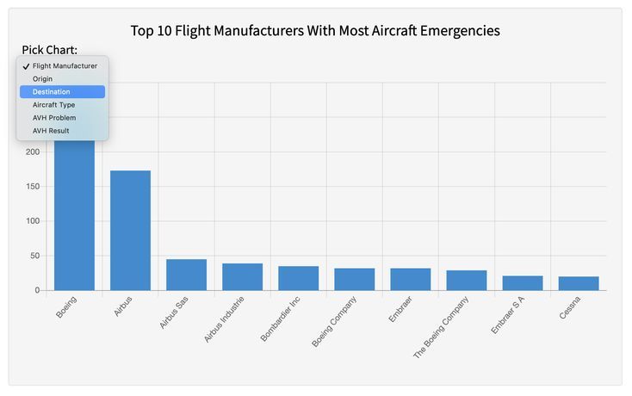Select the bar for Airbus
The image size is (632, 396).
tap(130, 231)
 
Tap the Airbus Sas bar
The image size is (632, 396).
tap(186, 275)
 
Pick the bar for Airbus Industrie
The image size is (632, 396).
tap(242, 277)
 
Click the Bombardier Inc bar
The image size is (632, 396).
tap(298, 278)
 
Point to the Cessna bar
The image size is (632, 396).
tap(578, 283)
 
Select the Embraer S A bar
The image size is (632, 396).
tap(522, 283)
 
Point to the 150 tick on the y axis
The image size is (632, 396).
tap(32, 187)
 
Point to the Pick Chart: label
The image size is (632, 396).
tap(50, 49)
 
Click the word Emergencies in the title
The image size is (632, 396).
tap(459, 31)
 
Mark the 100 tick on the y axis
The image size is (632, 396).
tap(32, 221)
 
